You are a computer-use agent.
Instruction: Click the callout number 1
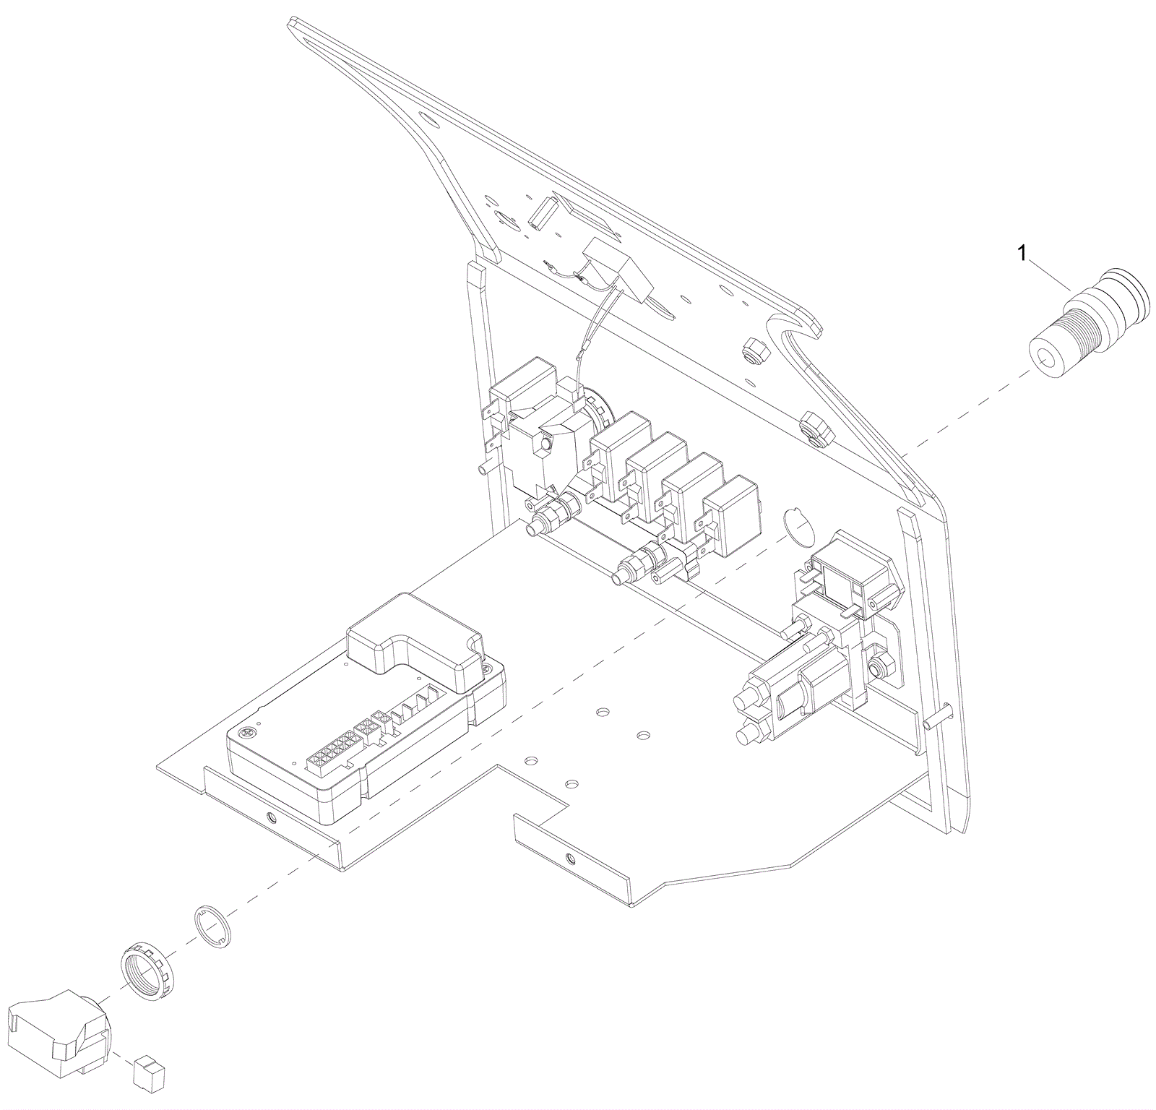pos(1022,254)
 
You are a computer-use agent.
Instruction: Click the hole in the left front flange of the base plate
pos(271,818)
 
